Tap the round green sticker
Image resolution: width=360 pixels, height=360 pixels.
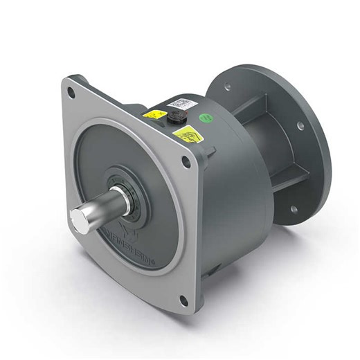click(205, 118)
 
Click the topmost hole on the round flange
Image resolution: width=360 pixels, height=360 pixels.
click(226, 87)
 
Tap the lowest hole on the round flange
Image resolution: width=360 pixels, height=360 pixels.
click(294, 208)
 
